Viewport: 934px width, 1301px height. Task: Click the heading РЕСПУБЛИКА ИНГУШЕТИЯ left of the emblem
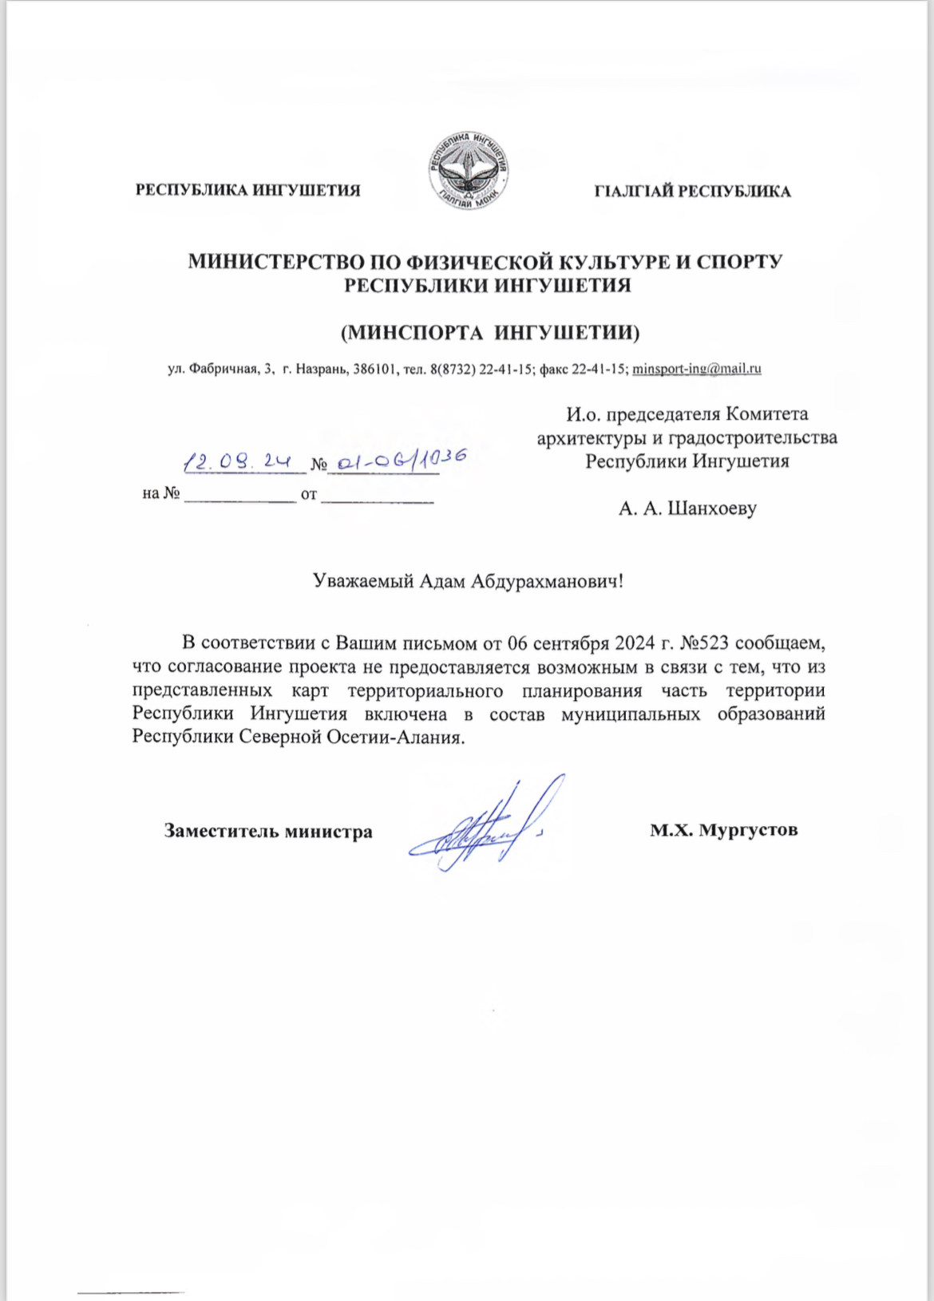coord(248,191)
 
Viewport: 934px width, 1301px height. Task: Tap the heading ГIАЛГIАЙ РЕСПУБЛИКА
coord(692,192)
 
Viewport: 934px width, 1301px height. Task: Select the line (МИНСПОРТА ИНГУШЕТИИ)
coord(490,332)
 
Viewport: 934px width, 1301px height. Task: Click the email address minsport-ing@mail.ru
coord(696,369)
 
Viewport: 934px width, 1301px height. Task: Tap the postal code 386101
coord(374,369)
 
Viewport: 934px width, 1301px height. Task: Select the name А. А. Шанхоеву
coord(687,508)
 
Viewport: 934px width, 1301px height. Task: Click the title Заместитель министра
coord(268,831)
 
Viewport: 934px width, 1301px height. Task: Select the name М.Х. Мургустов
coord(723,830)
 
